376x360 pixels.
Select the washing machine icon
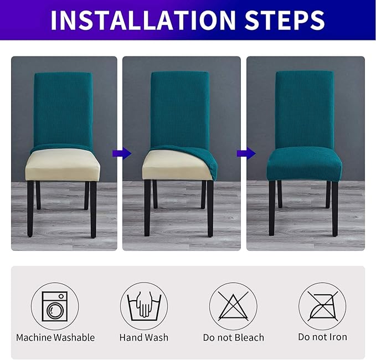[55, 306]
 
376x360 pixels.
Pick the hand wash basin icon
[144, 306]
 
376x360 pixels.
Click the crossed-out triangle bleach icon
[233, 306]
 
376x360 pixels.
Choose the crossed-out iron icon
[322, 306]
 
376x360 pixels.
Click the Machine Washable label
[55, 337]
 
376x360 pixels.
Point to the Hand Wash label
[144, 337]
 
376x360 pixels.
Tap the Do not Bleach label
[233, 337]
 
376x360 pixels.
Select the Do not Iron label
[322, 337]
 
